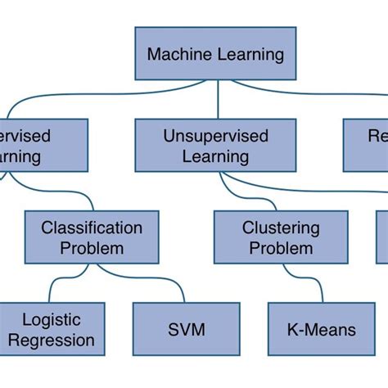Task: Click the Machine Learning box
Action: pyautogui.click(x=216, y=55)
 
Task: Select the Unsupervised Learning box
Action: pyautogui.click(x=216, y=146)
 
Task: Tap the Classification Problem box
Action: pyautogui.click(x=92, y=237)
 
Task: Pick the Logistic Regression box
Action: pyautogui.click(x=51, y=329)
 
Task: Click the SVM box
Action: pyautogui.click(x=186, y=329)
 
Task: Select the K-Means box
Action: pyautogui.click(x=322, y=329)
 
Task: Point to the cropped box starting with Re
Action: pyautogui.click(x=365, y=146)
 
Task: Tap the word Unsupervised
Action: pyautogui.click(x=216, y=136)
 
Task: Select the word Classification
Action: pyautogui.click(x=92, y=227)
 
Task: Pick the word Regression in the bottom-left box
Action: pyautogui.click(x=57, y=340)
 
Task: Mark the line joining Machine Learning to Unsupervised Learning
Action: pyautogui.click(x=218, y=99)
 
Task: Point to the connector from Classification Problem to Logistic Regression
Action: pyautogui.click(x=57, y=282)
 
